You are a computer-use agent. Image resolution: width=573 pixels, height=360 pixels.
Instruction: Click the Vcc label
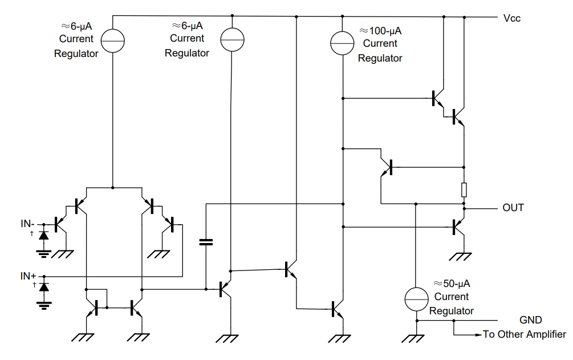(x=511, y=18)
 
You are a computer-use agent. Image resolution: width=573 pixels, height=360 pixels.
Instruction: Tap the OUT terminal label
(x=513, y=208)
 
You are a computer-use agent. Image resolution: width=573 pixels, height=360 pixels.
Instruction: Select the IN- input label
(x=28, y=224)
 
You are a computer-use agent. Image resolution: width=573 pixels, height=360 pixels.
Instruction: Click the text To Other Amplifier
(x=525, y=335)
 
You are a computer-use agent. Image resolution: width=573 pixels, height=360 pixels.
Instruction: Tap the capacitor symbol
(x=206, y=242)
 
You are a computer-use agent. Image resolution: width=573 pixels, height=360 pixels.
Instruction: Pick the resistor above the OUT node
(x=464, y=189)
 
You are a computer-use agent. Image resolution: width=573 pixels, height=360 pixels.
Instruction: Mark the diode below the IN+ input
(x=43, y=286)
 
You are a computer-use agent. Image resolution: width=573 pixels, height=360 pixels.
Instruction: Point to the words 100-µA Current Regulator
(x=380, y=44)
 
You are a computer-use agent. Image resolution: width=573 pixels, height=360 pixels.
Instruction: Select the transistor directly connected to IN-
(x=59, y=224)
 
